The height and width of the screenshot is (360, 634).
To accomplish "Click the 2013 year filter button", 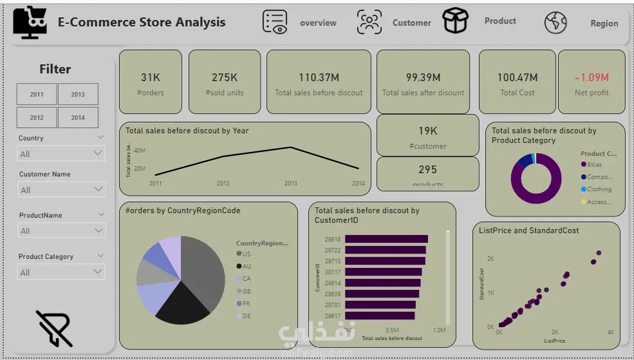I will tap(78, 94).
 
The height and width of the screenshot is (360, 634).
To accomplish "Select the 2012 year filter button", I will tap(37, 118).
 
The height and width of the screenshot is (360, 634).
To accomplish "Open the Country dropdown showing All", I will tap(61, 154).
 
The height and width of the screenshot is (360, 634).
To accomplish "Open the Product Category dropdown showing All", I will tap(61, 272).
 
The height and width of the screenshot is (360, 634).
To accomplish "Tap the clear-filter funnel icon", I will tap(54, 328).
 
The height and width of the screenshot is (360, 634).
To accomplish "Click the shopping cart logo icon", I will tap(30, 22).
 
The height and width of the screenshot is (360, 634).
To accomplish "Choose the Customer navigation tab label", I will tap(411, 23).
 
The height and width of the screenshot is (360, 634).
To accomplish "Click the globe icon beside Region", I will tap(555, 23).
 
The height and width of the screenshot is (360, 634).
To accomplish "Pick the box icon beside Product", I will tap(455, 21).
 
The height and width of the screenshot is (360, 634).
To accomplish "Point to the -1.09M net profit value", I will tap(592, 77).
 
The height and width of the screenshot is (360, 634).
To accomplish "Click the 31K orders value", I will tap(151, 77).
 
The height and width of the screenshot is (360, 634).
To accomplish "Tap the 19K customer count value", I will tap(427, 131).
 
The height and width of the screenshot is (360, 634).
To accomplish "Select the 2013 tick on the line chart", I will tap(291, 184).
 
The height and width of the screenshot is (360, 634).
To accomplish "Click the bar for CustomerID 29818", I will tap(386, 239).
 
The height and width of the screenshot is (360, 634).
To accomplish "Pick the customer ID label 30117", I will tap(333, 272).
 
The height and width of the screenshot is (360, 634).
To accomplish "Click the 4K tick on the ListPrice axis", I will tap(610, 332).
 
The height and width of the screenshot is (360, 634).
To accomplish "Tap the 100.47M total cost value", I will tap(517, 77).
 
